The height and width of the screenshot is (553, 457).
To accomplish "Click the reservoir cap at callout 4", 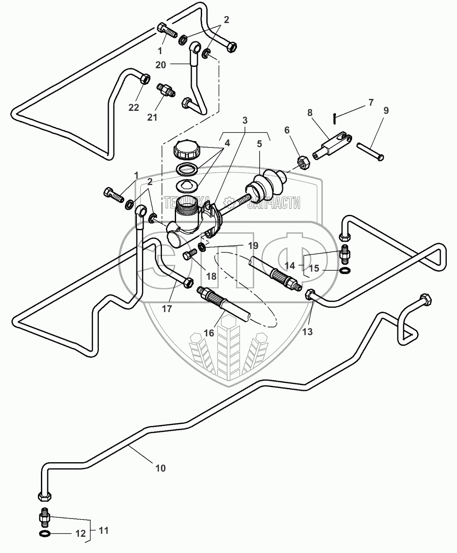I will click(x=185, y=151).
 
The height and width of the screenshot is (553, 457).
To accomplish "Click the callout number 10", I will click(x=160, y=468).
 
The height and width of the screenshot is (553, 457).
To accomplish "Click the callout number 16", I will click(x=209, y=333).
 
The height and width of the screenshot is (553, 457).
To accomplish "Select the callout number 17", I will click(x=167, y=308).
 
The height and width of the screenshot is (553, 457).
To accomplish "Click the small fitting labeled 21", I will click(x=164, y=90).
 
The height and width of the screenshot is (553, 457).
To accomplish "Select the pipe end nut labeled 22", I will click(x=144, y=79).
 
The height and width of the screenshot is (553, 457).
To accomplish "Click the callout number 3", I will click(x=244, y=120).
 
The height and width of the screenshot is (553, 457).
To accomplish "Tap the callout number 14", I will click(x=290, y=266).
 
